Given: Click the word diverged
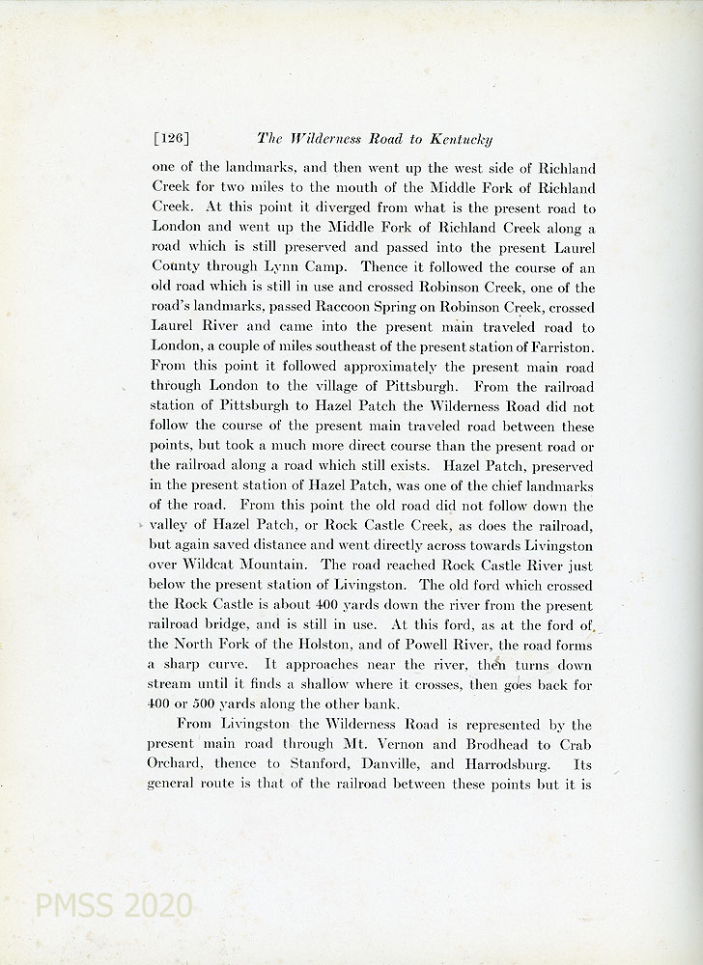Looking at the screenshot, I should [316, 206].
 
